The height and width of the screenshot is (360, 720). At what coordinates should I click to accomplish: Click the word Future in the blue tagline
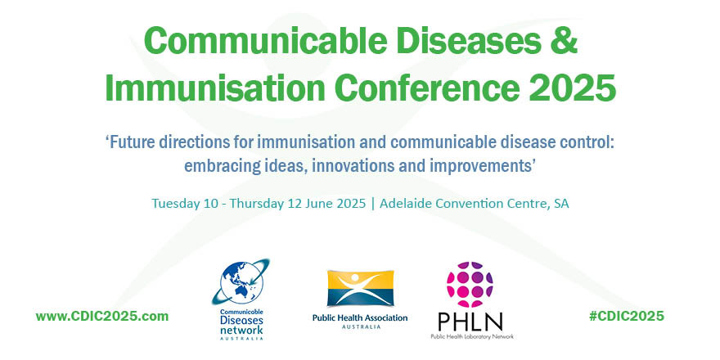[x=130, y=142]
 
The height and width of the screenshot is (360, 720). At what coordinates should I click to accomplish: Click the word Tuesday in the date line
[x=174, y=204]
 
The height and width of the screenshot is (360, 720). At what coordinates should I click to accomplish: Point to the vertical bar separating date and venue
[x=373, y=204]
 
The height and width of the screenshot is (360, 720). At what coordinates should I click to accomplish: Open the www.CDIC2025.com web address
[x=102, y=317]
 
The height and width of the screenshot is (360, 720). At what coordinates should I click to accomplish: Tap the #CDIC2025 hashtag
[x=627, y=317]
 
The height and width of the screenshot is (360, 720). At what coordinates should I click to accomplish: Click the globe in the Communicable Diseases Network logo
[x=241, y=282]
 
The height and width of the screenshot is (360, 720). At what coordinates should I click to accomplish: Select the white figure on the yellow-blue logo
[x=361, y=287]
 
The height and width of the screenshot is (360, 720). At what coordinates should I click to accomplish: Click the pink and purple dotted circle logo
[x=470, y=285]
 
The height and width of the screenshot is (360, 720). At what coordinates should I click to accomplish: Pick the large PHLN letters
[x=470, y=322]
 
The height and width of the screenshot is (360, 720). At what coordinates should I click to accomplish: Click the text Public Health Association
[x=360, y=317]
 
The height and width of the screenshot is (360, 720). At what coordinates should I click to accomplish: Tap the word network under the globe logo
[x=241, y=330]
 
